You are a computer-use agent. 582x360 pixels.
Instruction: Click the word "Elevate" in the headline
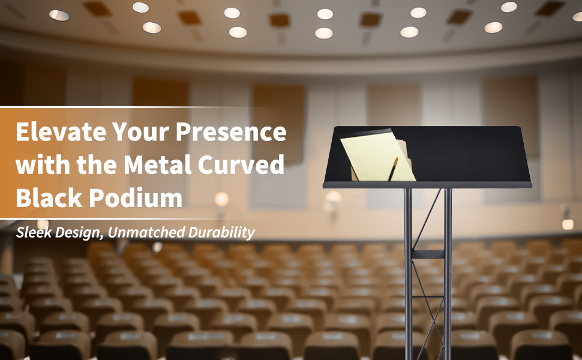(61, 131)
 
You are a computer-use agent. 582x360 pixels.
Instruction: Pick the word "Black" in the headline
(49, 197)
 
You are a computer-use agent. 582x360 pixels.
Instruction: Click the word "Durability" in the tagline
(221, 233)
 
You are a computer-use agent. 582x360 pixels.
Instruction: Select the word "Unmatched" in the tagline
(146, 232)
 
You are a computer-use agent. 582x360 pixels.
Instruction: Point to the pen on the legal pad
(393, 169)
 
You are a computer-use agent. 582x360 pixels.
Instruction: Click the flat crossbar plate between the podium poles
(428, 254)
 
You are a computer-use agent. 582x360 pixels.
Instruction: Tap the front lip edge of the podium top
(427, 185)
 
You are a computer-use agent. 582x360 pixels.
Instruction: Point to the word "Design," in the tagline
(80, 233)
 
